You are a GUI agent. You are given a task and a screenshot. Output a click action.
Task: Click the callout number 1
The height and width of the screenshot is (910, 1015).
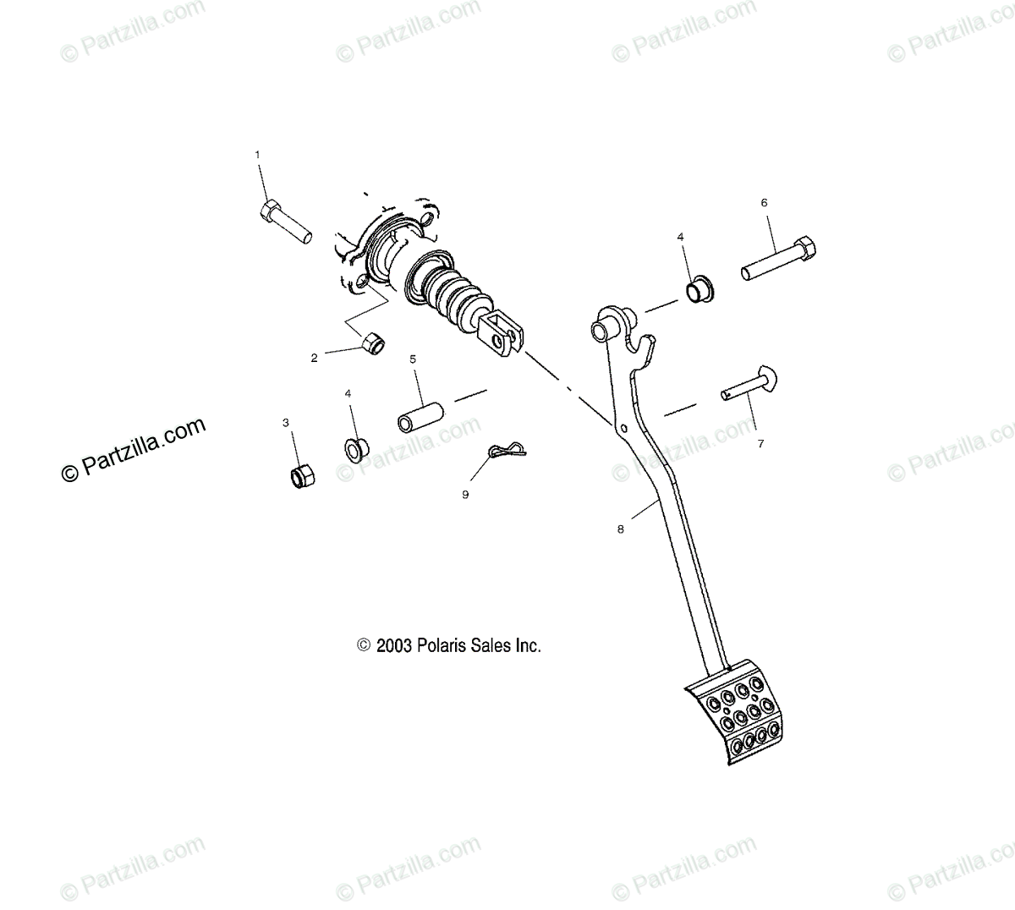[258, 155]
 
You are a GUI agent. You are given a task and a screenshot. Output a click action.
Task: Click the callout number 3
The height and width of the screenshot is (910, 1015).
[286, 422]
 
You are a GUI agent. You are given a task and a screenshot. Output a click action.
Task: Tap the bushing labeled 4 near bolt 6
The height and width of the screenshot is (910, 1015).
[700, 289]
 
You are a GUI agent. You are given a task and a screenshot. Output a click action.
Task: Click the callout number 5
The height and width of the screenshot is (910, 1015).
[413, 359]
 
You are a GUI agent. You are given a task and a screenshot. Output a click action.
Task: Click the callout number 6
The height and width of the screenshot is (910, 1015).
[764, 203]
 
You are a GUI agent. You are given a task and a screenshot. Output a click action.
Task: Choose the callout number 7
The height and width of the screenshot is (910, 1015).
[760, 443]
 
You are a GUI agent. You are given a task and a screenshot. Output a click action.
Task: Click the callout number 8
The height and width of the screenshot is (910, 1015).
[620, 529]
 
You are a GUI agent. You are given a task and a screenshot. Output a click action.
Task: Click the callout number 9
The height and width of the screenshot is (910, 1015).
[465, 495]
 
